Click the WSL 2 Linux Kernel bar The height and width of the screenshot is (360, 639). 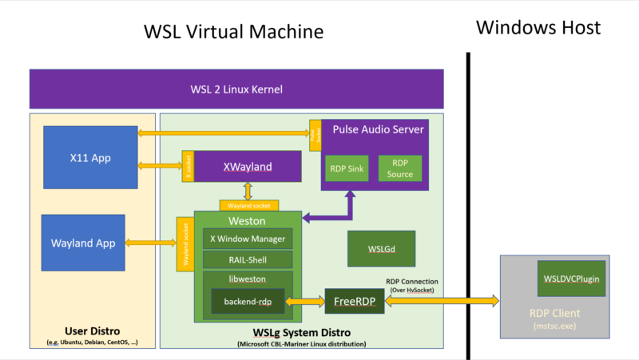236,89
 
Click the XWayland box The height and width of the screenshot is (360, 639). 248,167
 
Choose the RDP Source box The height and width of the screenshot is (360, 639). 399,168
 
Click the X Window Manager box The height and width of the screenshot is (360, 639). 247,238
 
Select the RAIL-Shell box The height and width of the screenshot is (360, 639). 247,259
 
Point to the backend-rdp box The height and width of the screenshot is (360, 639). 247,302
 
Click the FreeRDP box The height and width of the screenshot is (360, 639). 354,301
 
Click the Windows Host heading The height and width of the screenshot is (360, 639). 538,28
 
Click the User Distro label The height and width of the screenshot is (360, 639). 91,331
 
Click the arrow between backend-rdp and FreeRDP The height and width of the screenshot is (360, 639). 304,301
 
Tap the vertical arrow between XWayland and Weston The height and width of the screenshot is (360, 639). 248,192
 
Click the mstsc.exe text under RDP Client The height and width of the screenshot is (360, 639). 554,326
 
